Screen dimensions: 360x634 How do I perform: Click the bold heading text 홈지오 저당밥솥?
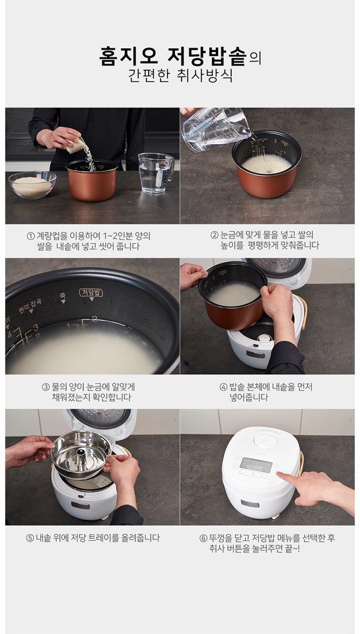(x=172, y=57)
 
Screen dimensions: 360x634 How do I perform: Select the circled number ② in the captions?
(x=215, y=235)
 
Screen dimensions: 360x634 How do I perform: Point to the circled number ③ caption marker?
(x=46, y=387)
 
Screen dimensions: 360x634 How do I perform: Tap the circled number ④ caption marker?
(x=223, y=387)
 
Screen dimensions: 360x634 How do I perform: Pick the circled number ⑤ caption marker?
(x=30, y=538)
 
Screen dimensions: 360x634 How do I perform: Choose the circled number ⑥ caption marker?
(x=203, y=538)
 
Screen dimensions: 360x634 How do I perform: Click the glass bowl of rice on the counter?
(x=32, y=184)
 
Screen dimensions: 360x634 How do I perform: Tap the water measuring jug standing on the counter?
(x=156, y=172)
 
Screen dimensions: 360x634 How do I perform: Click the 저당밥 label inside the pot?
(x=91, y=293)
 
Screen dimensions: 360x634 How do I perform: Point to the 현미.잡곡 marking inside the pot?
(x=30, y=305)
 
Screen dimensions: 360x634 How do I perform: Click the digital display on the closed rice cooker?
(x=256, y=464)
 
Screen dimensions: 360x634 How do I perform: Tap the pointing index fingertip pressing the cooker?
(x=280, y=475)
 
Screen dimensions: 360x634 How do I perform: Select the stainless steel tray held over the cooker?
(x=81, y=454)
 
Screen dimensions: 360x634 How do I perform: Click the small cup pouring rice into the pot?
(x=76, y=145)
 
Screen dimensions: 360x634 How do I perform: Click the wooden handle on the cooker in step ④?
(x=303, y=312)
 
